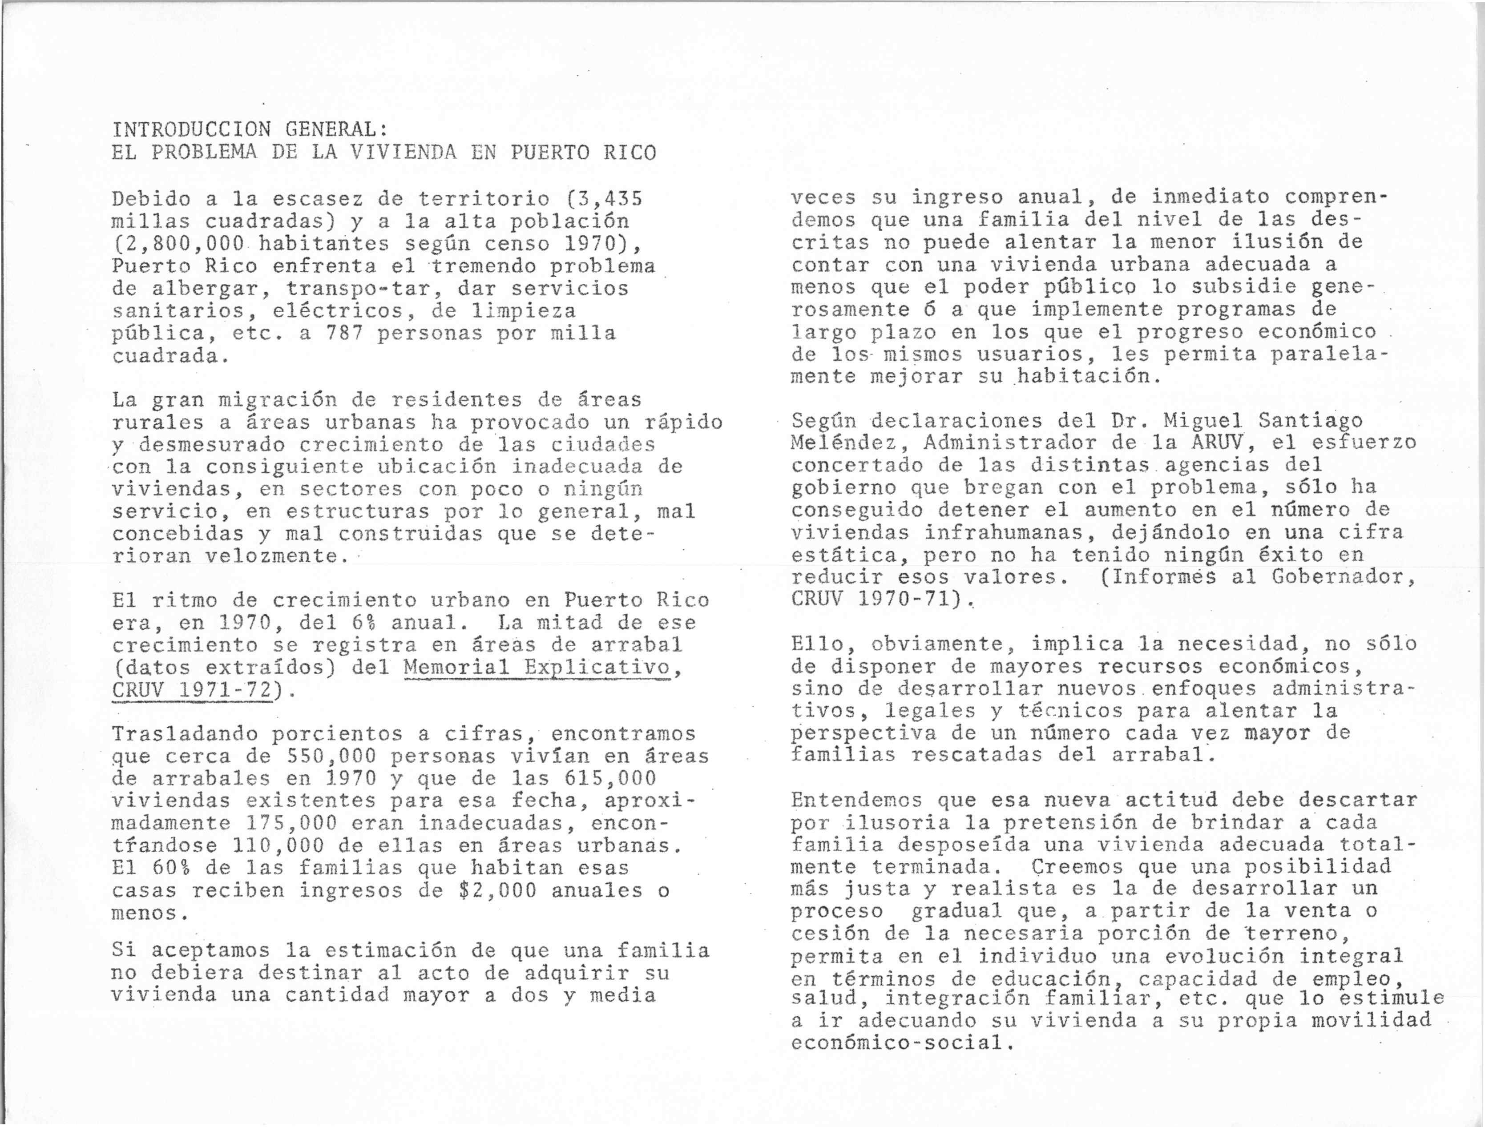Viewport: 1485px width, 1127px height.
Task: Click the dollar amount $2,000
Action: (492, 891)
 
